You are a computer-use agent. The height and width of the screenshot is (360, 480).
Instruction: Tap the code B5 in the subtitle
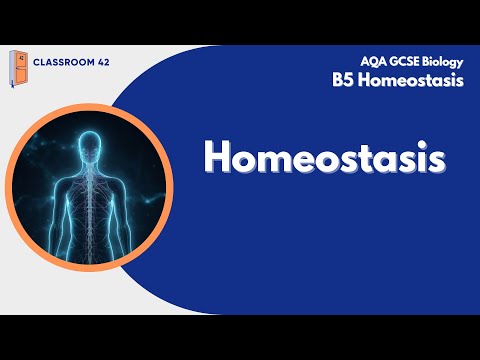pyautogui.click(x=343, y=81)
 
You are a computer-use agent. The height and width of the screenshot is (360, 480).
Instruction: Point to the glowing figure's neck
pyautogui.click(x=90, y=166)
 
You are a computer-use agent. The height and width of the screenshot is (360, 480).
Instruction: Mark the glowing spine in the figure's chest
pyautogui.click(x=90, y=200)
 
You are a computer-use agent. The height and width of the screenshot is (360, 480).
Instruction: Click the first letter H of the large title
pyautogui.click(x=218, y=158)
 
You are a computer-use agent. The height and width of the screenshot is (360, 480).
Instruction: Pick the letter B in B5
pyautogui.click(x=338, y=81)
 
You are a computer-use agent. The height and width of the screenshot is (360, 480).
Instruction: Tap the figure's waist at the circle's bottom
pyautogui.click(x=90, y=246)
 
